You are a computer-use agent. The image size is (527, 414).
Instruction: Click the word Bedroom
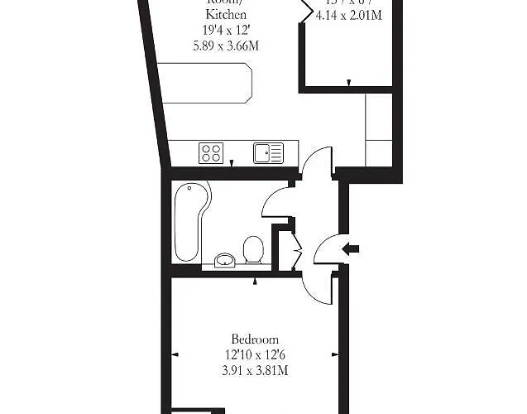pyautogui.click(x=255, y=339)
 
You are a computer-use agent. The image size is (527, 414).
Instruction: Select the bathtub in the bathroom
pyautogui.click(x=192, y=219)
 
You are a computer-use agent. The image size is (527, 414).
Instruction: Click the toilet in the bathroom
pyautogui.click(x=254, y=249)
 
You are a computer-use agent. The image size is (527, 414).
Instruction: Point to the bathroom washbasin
pyautogui.click(x=224, y=261)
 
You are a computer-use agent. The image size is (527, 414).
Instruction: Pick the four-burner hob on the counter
pyautogui.click(x=210, y=153)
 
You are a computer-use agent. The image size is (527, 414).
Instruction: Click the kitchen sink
pyautogui.click(x=268, y=153)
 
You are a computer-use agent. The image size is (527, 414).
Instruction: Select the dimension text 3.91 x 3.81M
pyautogui.click(x=255, y=370)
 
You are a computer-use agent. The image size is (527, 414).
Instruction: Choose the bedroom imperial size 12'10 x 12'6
pyautogui.click(x=255, y=354)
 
